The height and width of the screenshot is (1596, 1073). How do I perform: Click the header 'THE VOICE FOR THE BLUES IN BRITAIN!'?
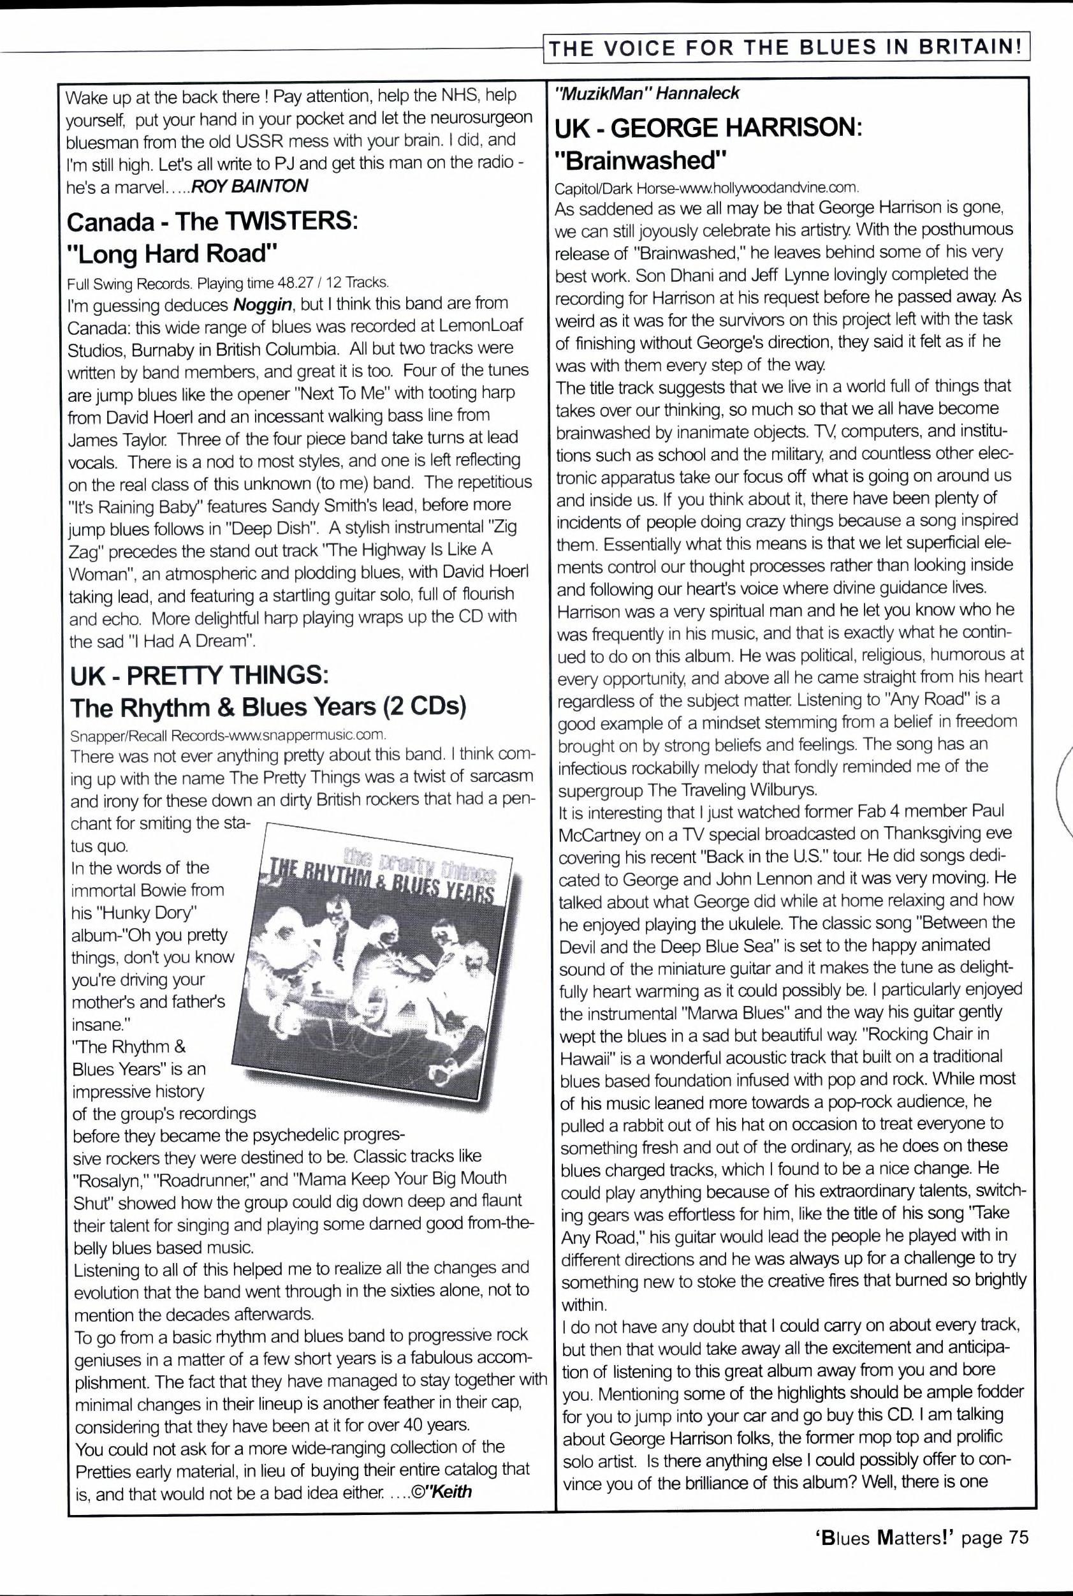tap(787, 47)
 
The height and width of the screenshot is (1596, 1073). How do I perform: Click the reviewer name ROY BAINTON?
tap(250, 185)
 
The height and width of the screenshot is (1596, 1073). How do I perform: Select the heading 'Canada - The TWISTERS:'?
tap(212, 221)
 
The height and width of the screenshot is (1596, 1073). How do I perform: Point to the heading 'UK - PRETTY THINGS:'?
tap(199, 675)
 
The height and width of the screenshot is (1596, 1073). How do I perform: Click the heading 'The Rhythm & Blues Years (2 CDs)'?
tap(268, 707)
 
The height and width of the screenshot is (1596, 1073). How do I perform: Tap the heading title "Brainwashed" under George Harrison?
tap(639, 159)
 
